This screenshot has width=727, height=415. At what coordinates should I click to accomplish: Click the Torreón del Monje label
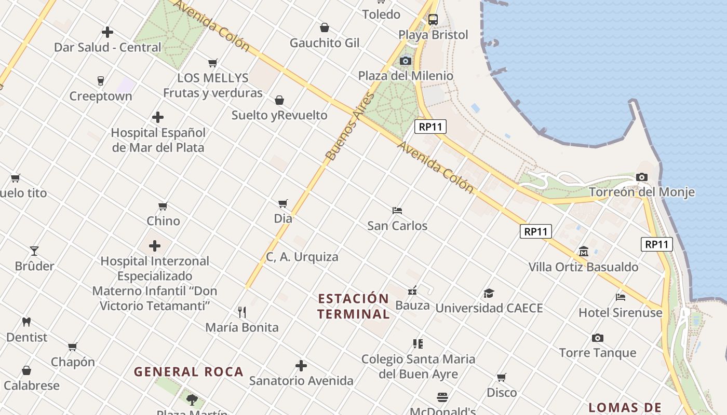point(641,192)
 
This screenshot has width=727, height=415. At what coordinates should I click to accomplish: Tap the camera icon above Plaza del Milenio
point(406,61)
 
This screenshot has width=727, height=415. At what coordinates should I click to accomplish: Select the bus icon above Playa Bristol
point(433,20)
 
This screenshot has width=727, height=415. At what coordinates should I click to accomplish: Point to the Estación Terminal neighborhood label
point(354,306)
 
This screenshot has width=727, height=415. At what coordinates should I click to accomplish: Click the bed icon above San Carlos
point(397,211)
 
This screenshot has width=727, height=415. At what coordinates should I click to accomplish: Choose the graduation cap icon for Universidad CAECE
point(489,293)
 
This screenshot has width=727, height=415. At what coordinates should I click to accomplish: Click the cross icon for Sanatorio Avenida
point(301,366)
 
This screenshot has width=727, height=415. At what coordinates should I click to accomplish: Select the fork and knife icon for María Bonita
point(241,312)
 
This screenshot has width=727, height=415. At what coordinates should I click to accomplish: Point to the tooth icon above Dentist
point(26,322)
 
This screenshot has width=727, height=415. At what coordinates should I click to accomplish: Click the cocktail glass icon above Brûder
point(34,251)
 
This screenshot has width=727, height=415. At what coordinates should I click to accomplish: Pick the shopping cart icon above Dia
point(283,203)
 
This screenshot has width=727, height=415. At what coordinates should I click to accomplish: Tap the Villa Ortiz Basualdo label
point(583,267)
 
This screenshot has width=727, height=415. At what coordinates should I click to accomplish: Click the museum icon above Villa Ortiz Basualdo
point(583,252)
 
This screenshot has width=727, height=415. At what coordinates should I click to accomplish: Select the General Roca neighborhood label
point(189,371)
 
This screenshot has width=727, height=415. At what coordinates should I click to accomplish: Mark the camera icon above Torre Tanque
point(598,338)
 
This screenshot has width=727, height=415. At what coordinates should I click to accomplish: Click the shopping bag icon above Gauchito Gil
point(325,27)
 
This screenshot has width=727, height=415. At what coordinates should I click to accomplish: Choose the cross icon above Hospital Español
point(158,117)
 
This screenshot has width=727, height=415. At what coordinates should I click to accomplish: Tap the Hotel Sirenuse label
point(621,313)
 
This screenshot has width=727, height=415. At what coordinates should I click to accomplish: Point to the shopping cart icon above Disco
point(502,377)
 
